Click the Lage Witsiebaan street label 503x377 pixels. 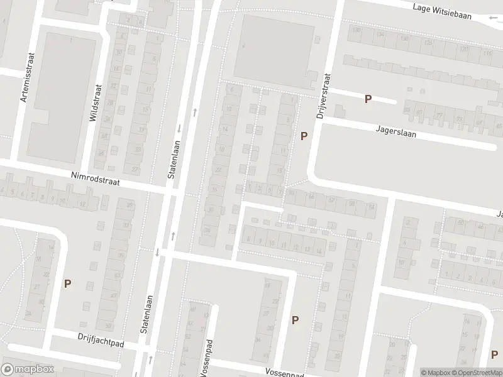coord(443,8)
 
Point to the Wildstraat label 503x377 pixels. coord(95,103)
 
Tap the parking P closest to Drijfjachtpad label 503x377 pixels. coord(67,283)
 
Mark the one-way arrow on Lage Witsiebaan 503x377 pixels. coord(492,18)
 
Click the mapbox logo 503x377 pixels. coord(28,369)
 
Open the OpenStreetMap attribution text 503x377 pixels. coord(475,373)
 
